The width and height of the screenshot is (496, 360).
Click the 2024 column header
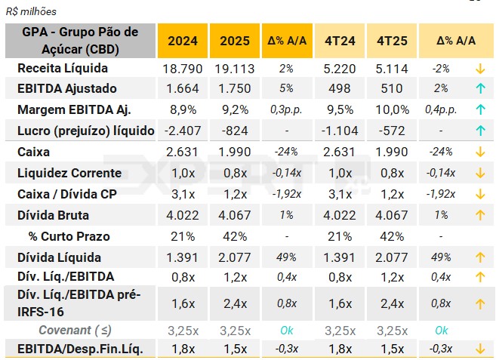pyautogui.click(x=183, y=41)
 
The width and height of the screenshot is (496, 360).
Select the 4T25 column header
pyautogui.click(x=390, y=41)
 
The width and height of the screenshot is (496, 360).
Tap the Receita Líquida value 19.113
pyautogui.click(x=235, y=68)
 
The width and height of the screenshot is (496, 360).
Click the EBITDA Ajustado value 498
pyautogui.click(x=339, y=88)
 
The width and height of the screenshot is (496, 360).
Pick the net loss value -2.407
pyautogui.click(x=183, y=131)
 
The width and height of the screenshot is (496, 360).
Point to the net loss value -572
pyautogui.click(x=390, y=131)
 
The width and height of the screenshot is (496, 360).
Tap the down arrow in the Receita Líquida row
pyautogui.click(x=479, y=69)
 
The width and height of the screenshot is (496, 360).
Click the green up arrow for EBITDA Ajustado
pyautogui.click(x=479, y=88)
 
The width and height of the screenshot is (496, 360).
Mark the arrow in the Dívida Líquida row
pyautogui.click(x=479, y=257)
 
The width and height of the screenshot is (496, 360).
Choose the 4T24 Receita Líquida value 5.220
pyautogui.click(x=339, y=68)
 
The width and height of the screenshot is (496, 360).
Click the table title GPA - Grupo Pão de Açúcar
pyautogui.click(x=81, y=41)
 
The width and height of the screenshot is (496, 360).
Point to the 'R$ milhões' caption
pyautogui.click(x=31, y=12)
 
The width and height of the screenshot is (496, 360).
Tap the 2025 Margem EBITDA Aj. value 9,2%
pyautogui.click(x=235, y=109)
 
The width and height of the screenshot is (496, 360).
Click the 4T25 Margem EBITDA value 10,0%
pyautogui.click(x=390, y=109)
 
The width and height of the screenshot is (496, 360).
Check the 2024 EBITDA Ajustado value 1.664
pyautogui.click(x=183, y=88)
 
